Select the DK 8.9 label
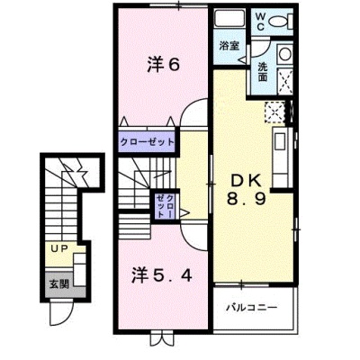click(x=247, y=189)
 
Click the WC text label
click(x=260, y=22)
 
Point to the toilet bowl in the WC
click(x=280, y=22)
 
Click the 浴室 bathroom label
click(x=229, y=46)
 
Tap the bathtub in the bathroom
click(x=229, y=18)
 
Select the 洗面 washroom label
click(x=263, y=72)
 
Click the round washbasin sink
click(x=284, y=55)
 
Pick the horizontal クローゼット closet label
click(x=147, y=141)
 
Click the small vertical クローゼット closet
click(x=165, y=206)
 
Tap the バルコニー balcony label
click(x=252, y=307)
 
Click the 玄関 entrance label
click(x=59, y=283)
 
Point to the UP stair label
click(x=59, y=248)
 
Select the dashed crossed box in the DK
click(x=274, y=112)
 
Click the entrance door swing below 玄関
click(x=60, y=313)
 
